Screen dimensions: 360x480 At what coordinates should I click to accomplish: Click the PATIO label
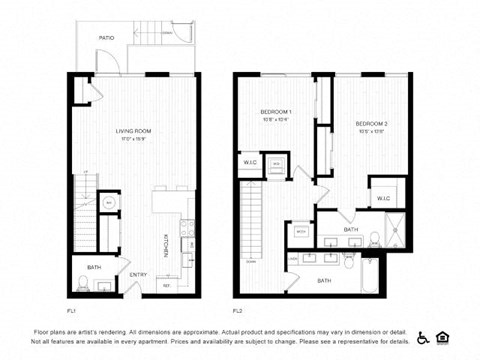pos(106,37)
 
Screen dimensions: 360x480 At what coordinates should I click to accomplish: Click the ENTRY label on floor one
pos(138,275)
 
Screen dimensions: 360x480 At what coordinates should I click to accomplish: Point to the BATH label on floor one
pos(93,267)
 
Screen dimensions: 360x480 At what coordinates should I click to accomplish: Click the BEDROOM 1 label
pos(275,111)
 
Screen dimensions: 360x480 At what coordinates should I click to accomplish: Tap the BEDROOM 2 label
pos(371,124)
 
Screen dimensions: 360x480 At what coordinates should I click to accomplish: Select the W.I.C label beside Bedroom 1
pos(250,162)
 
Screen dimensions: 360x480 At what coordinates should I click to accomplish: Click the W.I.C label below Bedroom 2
pos(383,198)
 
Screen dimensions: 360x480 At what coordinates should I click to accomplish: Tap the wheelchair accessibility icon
pos(423,338)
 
